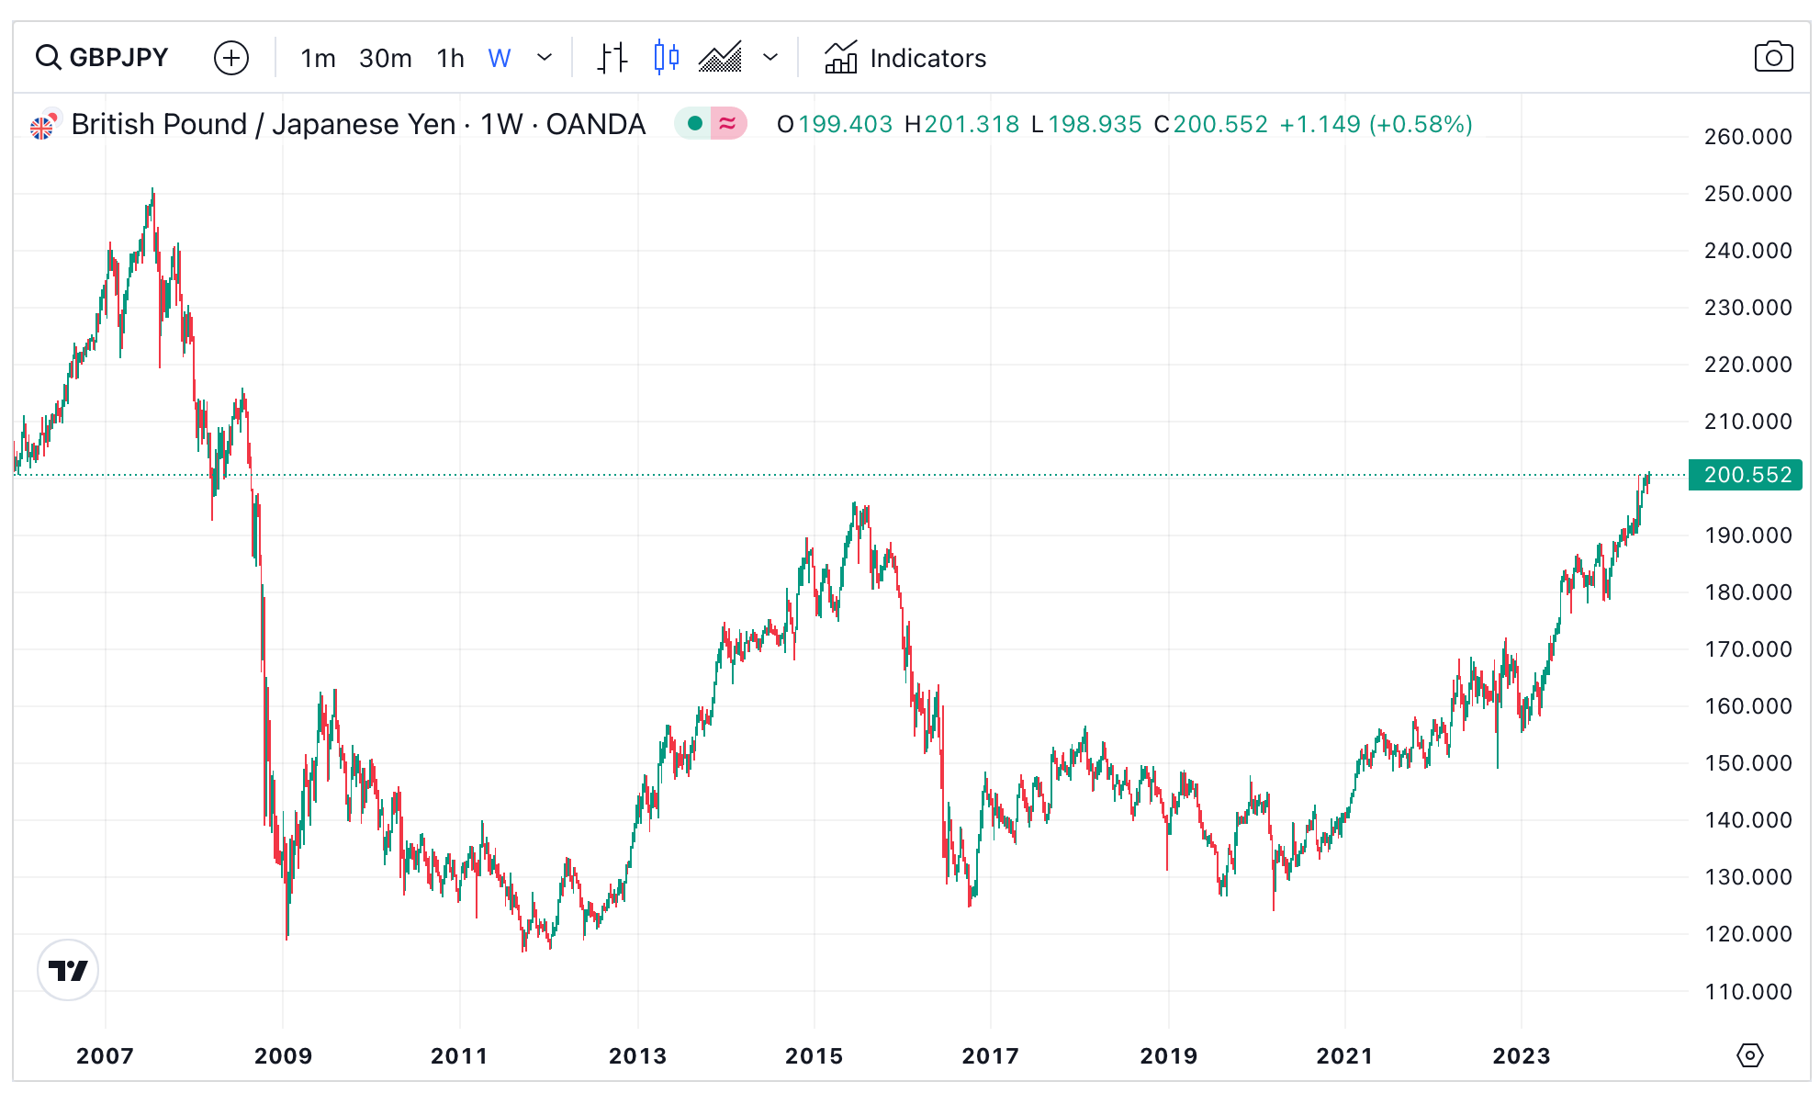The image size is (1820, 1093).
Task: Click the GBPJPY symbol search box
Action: [103, 58]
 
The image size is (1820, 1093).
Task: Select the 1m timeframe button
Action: [318, 59]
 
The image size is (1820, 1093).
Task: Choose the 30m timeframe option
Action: [385, 59]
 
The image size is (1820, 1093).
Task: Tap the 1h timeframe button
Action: [450, 59]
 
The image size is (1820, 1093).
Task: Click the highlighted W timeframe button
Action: [499, 59]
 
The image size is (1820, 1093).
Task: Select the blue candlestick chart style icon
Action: [666, 58]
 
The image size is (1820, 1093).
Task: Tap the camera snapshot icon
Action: [1772, 58]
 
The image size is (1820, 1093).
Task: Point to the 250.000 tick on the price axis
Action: [1747, 194]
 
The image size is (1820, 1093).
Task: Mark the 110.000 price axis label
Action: [1747, 992]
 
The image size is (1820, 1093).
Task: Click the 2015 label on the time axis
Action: [814, 1056]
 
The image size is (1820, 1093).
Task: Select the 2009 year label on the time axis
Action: [283, 1056]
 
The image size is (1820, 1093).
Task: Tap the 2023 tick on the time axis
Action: [1521, 1056]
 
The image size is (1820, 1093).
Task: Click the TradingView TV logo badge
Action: [68, 970]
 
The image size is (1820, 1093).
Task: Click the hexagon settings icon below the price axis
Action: [1749, 1055]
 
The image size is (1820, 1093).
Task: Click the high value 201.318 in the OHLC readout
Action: [972, 124]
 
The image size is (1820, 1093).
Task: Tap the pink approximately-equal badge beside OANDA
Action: [727, 124]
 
